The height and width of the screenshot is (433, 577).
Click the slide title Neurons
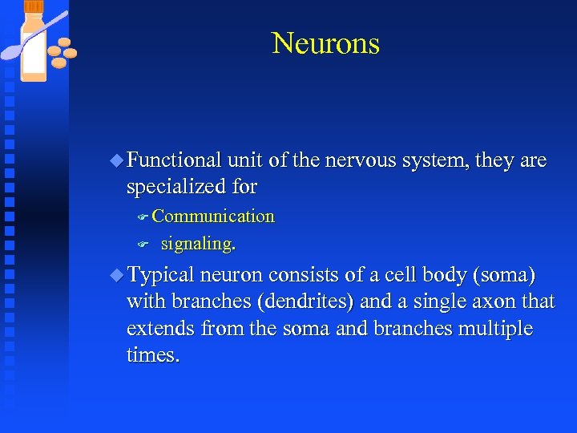coord(325,43)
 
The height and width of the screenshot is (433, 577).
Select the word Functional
coord(174,160)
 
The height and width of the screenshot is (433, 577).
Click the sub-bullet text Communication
coord(213,216)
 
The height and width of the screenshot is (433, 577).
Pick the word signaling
coord(198,243)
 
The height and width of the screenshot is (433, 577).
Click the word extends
coord(161,329)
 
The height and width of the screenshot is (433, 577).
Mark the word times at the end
coord(152,355)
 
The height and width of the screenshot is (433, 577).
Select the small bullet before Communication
coord(143,216)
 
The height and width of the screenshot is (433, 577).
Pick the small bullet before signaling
coord(143,243)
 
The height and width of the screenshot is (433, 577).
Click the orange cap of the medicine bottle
coord(34,7)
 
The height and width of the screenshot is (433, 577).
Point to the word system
coord(431,160)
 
